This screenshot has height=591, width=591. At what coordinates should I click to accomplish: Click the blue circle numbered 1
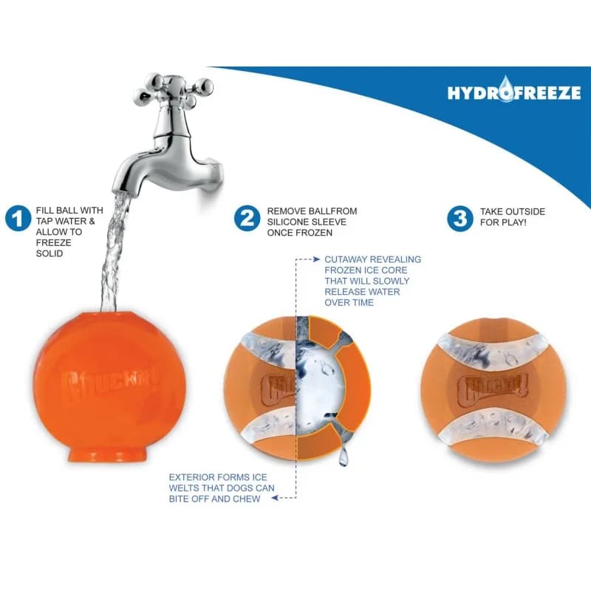[18, 219]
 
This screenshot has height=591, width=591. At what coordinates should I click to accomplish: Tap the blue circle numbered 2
[247, 219]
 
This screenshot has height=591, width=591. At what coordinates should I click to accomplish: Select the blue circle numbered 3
[460, 219]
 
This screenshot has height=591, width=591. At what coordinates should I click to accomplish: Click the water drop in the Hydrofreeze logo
[505, 89]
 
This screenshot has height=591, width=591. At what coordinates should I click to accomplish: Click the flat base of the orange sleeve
[107, 454]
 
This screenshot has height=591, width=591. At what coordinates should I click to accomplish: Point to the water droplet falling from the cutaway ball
[343, 457]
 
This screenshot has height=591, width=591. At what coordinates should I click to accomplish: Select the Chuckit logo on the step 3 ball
[493, 389]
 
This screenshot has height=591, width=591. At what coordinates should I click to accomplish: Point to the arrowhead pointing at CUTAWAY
[317, 259]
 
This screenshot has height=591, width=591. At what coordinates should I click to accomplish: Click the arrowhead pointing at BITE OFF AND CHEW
[275, 498]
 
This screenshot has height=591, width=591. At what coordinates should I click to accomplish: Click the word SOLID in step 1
[49, 253]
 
